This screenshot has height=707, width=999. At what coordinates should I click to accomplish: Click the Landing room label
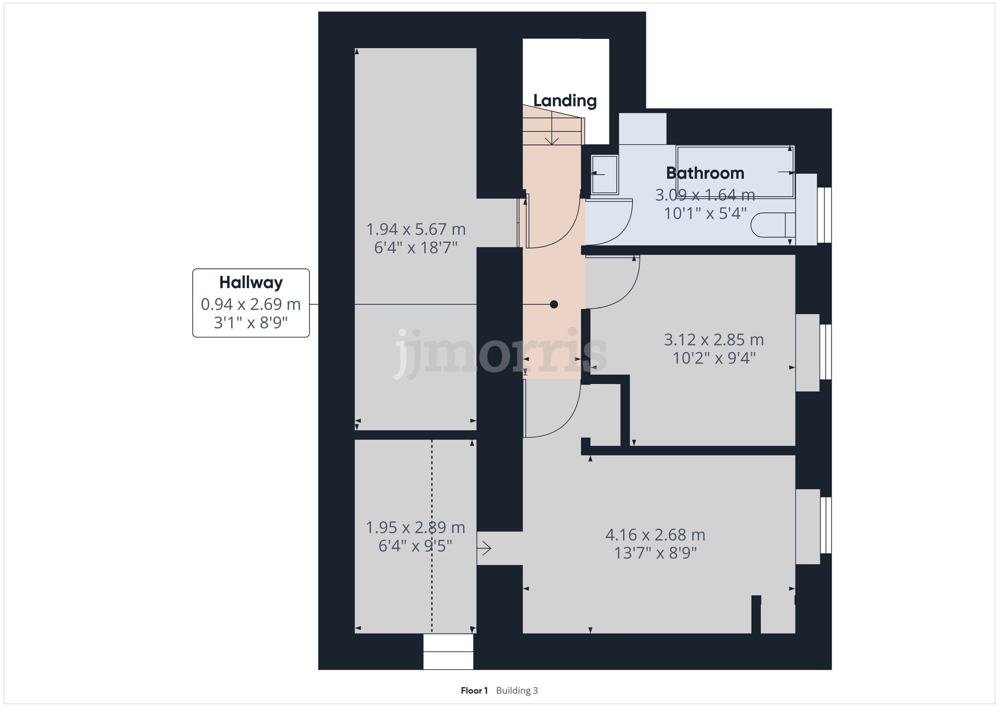coord(565,101)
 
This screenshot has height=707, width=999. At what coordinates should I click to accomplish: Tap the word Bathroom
coord(705,173)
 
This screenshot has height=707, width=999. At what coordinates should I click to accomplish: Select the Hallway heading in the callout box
coord(251,283)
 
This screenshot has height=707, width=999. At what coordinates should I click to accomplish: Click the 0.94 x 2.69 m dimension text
coord(251,304)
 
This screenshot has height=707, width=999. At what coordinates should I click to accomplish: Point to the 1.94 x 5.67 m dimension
coord(416,230)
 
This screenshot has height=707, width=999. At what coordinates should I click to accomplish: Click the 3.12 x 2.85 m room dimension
coord(714,340)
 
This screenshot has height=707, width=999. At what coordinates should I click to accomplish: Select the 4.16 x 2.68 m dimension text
coord(655,535)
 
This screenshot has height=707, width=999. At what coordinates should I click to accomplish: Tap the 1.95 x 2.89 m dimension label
coord(415,528)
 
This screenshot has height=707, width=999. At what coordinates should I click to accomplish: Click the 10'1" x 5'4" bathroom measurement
coord(705,214)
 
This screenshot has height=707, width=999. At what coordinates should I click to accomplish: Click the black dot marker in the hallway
coord(553,304)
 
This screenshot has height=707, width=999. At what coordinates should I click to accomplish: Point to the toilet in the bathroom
coord(772,225)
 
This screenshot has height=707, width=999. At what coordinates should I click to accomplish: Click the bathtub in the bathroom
coord(734,171)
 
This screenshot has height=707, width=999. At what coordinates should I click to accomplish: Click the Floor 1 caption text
coord(474,691)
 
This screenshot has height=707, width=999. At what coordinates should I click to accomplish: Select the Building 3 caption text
coord(517,691)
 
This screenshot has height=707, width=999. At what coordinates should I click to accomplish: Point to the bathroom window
coord(825,215)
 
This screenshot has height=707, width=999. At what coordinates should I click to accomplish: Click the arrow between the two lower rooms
coord(485,549)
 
